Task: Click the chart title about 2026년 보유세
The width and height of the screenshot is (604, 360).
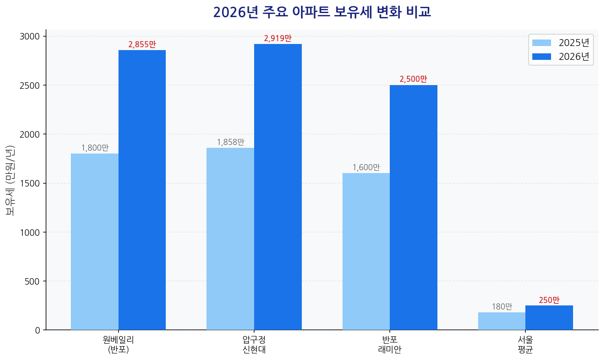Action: (322, 12)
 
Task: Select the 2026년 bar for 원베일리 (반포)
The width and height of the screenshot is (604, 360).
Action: (142, 190)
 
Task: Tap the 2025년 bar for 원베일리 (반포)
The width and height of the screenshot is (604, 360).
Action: (94, 241)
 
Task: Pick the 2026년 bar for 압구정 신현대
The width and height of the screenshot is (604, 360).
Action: (278, 187)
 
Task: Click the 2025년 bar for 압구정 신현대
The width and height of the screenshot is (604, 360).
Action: (230, 239)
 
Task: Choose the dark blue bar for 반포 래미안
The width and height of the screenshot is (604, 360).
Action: (413, 207)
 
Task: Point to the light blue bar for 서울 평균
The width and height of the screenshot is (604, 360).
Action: (502, 321)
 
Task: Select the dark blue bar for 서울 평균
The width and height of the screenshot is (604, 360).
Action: (549, 318)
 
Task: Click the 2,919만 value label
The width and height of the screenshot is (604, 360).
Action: (278, 39)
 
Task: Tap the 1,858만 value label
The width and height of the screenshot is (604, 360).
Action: (231, 142)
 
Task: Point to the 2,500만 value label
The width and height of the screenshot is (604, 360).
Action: (413, 79)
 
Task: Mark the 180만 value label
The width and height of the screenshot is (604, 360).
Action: (502, 307)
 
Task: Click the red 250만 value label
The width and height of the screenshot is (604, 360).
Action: (549, 300)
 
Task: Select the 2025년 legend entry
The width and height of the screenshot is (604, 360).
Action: (561, 43)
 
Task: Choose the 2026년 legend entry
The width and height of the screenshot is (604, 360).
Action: (561, 57)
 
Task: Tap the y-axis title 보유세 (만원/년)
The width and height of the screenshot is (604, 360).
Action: (10, 180)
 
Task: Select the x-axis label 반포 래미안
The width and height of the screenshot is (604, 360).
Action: (390, 344)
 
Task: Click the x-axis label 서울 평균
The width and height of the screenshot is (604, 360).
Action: (525, 344)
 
